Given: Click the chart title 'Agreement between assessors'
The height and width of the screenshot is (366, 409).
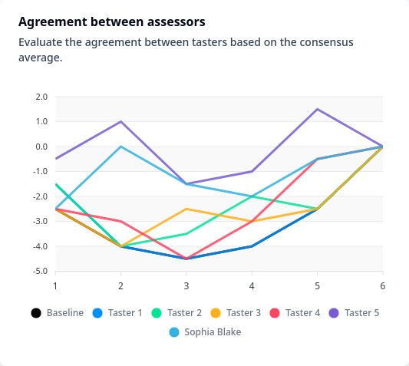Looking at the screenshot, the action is point(111,21).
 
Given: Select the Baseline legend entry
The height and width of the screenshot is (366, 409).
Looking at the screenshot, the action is point(57,313).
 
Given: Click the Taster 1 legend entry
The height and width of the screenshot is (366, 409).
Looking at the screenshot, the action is point(117,313).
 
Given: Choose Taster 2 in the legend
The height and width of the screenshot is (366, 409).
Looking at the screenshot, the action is point(176,313).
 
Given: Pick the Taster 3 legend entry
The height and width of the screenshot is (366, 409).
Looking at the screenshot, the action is point(236,313).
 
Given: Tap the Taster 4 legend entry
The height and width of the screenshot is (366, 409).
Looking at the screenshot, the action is point(295,313).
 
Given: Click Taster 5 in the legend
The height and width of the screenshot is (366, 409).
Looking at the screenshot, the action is point(354,313).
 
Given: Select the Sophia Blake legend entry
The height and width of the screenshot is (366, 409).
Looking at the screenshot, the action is point(205,332).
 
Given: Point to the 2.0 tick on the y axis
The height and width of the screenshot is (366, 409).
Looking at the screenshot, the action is point(41,97).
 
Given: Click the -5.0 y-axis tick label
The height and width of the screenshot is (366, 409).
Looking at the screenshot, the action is point(40,272).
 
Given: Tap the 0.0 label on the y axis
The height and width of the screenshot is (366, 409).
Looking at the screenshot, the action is point(41,147).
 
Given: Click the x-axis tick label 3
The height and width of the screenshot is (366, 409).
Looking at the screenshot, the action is point(186,286).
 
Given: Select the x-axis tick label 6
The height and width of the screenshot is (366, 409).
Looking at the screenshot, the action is point(383,286).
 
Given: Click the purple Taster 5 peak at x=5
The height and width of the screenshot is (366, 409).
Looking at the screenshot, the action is point(317,109).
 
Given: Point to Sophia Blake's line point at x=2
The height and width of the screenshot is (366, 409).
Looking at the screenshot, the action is point(120,147).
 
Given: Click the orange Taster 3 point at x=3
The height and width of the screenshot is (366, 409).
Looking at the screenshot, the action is point(186,209).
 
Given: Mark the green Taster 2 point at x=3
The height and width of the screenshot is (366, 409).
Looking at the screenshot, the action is point(186,234).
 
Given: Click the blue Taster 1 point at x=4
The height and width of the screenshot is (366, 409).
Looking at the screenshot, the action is point(252,246).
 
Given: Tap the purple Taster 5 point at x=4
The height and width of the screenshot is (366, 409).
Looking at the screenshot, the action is point(252,171).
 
